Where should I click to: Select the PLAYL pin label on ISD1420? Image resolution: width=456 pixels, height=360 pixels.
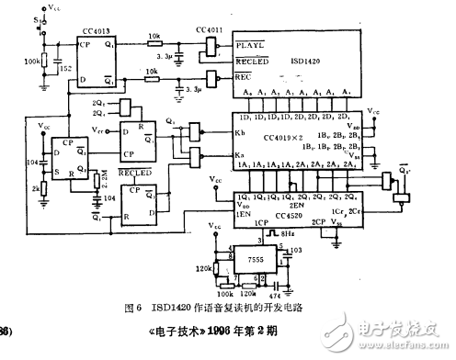[251, 45]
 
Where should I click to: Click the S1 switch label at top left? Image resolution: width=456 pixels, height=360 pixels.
[35, 17]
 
